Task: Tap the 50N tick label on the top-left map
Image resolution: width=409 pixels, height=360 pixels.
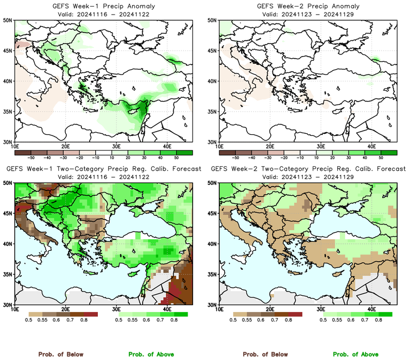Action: click(x=8, y=20)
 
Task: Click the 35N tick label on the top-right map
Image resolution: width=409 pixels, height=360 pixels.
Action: click(x=213, y=111)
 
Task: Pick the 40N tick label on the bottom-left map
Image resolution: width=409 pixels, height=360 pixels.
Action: click(x=8, y=244)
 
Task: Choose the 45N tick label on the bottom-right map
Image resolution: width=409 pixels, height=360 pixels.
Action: click(x=213, y=214)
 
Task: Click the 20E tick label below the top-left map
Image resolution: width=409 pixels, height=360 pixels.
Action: click(x=65, y=146)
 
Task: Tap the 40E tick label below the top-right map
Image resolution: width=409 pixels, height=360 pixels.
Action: click(x=371, y=146)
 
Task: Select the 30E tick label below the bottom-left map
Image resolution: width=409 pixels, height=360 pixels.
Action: click(x=116, y=309)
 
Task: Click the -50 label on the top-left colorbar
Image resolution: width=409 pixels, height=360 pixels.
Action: click(x=31, y=156)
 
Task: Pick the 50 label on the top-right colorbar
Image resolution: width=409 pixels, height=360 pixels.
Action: click(x=380, y=156)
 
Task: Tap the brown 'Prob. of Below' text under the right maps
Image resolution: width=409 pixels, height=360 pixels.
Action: click(x=264, y=354)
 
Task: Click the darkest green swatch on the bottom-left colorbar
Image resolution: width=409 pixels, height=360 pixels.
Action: click(x=181, y=314)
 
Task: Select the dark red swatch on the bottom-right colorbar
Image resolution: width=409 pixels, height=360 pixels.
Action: click(x=295, y=314)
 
